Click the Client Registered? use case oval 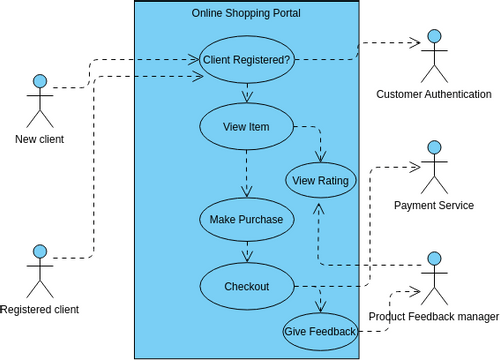click(x=246, y=59)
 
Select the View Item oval click(x=246, y=127)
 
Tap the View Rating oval click(x=320, y=181)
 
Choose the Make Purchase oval click(x=246, y=219)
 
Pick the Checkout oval click(x=246, y=286)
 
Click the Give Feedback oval click(x=320, y=331)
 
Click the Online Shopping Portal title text click(x=246, y=13)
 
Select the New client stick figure click(x=40, y=101)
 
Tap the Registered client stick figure click(x=40, y=270)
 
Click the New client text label click(x=40, y=139)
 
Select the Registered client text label click(x=40, y=310)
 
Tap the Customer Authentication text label click(x=433, y=95)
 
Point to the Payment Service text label click(x=433, y=206)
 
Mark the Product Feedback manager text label click(x=433, y=317)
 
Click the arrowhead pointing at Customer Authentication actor click(x=411, y=43)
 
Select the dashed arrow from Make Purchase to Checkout click(x=246, y=252)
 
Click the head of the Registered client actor click(x=40, y=250)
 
